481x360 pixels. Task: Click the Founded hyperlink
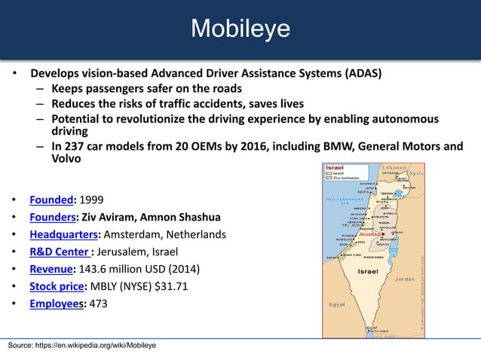(x=51, y=200)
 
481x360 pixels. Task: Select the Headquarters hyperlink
(x=64, y=234)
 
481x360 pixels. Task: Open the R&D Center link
(x=57, y=252)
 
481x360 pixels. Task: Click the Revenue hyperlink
(x=52, y=269)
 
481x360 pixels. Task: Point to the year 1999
(x=91, y=200)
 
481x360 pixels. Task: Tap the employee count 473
(x=99, y=304)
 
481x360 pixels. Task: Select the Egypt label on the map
(x=337, y=304)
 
